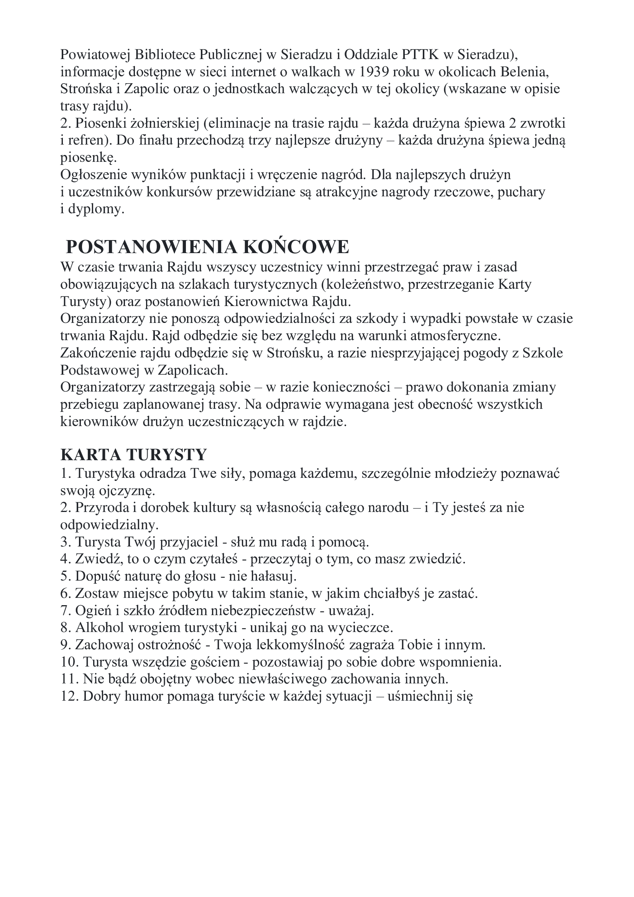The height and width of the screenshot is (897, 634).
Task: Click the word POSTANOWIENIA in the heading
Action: pos(151,247)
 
